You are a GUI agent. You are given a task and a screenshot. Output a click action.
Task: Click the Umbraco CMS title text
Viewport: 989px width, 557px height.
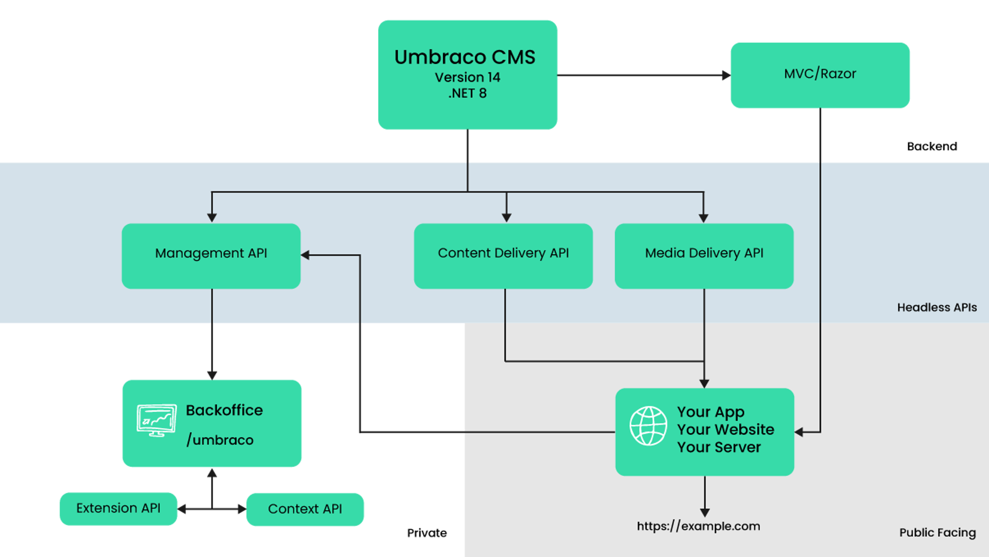click(465, 57)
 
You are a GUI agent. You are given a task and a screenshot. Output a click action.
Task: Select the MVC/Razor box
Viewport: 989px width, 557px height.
click(820, 75)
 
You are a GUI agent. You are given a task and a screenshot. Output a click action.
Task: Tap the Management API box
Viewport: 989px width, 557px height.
click(211, 255)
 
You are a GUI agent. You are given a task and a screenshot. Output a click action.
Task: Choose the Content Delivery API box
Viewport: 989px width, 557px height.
click(503, 255)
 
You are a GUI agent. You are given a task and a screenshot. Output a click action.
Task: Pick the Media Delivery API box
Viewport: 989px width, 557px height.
click(704, 255)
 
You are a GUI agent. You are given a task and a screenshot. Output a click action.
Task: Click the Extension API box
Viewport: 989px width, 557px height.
click(118, 509)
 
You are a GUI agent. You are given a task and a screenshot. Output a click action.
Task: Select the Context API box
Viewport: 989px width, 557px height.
click(305, 510)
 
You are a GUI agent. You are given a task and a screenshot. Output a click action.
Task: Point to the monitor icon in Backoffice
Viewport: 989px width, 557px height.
click(157, 420)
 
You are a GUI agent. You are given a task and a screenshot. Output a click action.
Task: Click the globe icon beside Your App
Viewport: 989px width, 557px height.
click(648, 426)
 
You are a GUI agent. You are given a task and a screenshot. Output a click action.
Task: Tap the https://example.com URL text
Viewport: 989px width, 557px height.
click(698, 526)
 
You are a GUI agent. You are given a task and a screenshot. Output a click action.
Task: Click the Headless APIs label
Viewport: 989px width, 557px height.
click(936, 307)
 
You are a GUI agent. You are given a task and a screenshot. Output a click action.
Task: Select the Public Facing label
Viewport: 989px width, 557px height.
click(937, 532)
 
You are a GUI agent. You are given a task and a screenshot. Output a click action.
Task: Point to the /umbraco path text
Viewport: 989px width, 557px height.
click(220, 440)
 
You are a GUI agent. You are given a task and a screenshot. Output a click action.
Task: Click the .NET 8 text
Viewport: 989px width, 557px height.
click(467, 93)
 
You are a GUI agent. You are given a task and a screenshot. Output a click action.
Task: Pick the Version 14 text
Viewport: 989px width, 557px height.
click(467, 77)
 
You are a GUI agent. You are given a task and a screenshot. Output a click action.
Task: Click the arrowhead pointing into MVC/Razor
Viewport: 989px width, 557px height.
click(725, 75)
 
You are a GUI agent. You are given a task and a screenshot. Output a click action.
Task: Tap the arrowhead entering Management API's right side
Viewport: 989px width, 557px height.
click(305, 255)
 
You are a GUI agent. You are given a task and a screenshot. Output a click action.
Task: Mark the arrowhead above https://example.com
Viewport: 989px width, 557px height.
click(705, 512)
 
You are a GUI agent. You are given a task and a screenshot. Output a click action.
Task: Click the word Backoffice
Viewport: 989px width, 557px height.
click(224, 410)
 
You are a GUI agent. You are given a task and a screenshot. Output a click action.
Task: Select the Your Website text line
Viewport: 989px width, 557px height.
click(725, 429)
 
